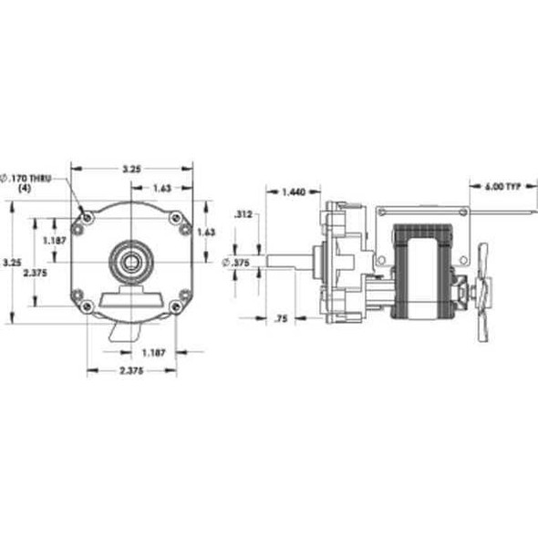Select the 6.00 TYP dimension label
click(500, 186)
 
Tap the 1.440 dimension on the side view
click(294, 191)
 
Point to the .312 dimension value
click(243, 215)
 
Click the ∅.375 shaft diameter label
click(236, 263)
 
